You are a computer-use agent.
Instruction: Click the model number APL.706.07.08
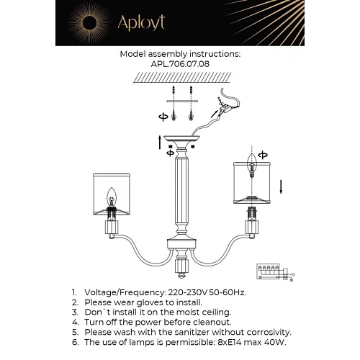coord(180,63)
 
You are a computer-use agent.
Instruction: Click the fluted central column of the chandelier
coord(181,194)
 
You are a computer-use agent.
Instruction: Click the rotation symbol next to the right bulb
coord(262,153)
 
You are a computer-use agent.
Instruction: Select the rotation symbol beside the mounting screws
coord(164,115)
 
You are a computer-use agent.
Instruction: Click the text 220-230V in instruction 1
coord(181,294)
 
